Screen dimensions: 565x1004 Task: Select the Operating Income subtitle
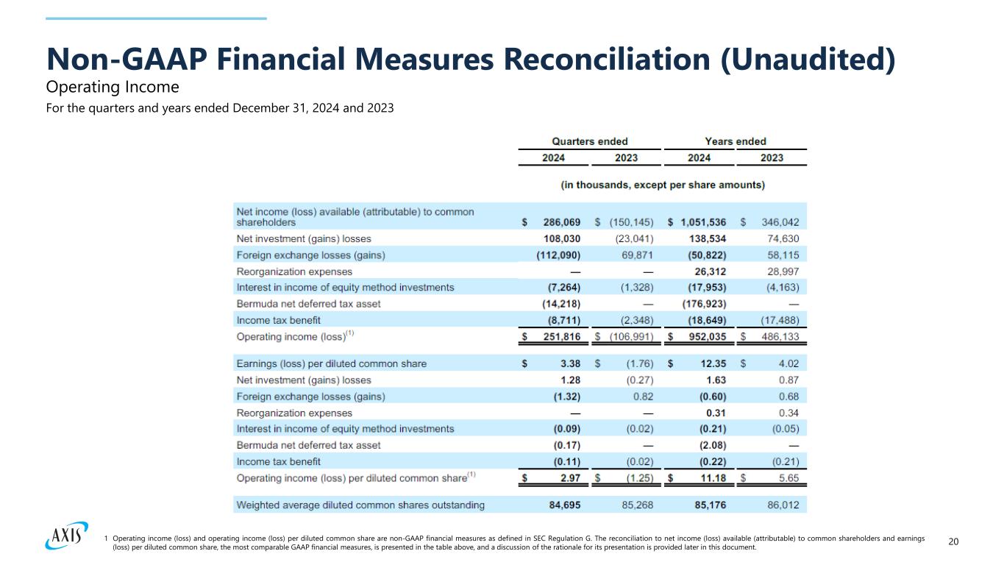pos(113,88)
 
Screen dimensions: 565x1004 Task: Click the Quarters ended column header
pos(590,141)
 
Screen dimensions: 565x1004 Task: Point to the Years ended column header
pos(736,141)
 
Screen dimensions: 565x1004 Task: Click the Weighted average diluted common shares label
pos(360,505)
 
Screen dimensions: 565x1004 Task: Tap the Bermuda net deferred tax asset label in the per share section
pos(309,445)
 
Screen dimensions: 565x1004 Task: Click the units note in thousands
pos(663,185)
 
